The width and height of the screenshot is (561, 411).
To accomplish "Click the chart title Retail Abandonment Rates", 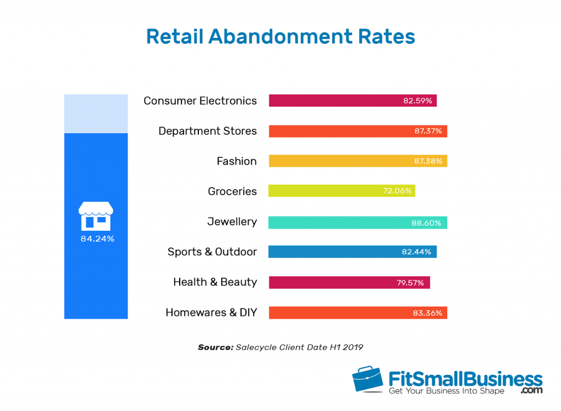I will (280, 37).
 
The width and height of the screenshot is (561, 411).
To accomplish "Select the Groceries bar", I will (341, 191).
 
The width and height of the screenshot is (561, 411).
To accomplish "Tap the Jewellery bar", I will (357, 222).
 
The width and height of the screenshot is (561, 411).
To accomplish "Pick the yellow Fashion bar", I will (357, 161).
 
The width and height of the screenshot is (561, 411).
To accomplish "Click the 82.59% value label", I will (417, 101).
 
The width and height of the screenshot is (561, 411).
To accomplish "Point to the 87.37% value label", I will (428, 132).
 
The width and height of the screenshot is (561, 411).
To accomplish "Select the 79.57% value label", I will (411, 283).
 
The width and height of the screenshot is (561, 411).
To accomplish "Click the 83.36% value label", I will (428, 313).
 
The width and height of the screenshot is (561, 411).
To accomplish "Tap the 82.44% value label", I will (417, 252).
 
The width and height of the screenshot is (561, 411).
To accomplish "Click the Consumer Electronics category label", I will (200, 101).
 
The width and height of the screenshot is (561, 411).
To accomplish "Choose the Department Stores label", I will (207, 131).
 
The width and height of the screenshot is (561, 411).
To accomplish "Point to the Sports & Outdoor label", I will (212, 252).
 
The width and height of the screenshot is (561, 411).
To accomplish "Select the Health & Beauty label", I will (215, 282).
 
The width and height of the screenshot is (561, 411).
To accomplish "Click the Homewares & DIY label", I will (211, 312).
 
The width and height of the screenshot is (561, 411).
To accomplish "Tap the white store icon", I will (96, 215).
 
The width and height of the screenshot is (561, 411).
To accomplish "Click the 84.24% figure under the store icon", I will (97, 239).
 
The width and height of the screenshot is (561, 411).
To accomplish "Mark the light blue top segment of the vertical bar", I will (96, 113).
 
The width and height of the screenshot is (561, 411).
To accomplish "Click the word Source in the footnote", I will (215, 347).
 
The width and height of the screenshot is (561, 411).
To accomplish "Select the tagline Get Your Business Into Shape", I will (446, 391).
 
